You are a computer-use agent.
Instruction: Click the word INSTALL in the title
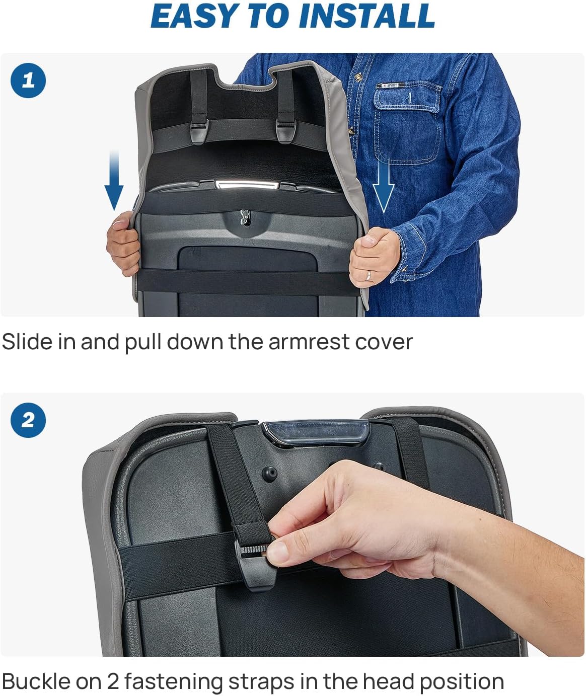point(367,16)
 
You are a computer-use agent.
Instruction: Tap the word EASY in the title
point(196,16)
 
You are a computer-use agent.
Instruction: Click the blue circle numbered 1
point(28,81)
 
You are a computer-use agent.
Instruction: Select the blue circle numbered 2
point(28,420)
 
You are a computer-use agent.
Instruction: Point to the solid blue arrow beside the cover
point(114,180)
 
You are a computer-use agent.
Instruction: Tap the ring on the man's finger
point(369,275)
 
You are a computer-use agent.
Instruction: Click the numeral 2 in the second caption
point(113,681)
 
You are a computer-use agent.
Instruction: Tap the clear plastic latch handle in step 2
point(316,433)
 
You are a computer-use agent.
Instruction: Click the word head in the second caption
point(388,681)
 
